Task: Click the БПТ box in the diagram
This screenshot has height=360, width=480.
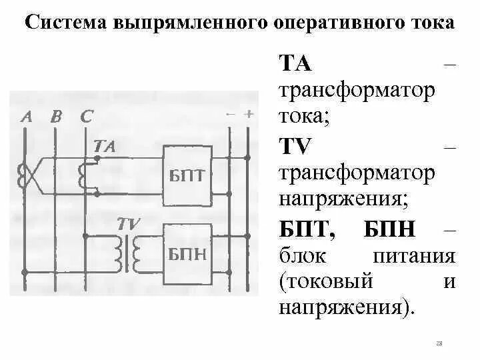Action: pos(187,175)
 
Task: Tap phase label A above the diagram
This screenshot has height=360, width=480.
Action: pos(27,117)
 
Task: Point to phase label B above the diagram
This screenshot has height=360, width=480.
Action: pos(56,117)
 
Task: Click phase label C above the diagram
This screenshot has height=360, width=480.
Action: pos(86,117)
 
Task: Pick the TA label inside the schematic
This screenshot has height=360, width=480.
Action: pos(105,146)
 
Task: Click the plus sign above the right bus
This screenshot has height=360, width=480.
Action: pos(249,114)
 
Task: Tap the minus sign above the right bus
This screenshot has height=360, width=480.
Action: pos(231,114)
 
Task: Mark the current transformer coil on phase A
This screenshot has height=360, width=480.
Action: pos(25,175)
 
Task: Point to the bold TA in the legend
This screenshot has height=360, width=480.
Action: pos(294,64)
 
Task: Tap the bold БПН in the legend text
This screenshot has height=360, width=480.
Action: pos(390,231)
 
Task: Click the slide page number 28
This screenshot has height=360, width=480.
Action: pos(439,343)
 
